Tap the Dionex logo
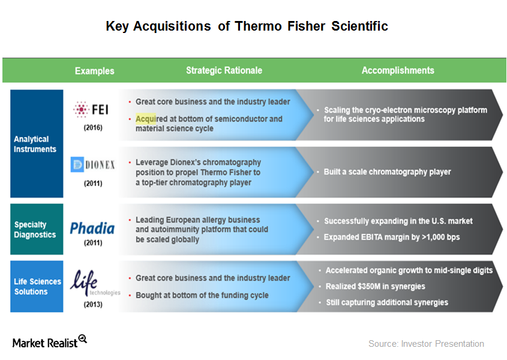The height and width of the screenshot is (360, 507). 93,164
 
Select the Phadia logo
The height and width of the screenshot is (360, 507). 93,228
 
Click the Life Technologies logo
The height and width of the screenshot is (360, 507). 95,283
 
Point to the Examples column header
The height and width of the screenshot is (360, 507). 94,71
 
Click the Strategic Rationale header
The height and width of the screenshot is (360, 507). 224,70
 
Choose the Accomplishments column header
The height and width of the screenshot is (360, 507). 397,70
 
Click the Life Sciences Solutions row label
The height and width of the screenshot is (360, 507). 38,286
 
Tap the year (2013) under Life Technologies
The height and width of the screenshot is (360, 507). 93,304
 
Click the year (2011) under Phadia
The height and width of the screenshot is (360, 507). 93,243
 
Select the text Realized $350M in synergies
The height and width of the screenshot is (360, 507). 375,286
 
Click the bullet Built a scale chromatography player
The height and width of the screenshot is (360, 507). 387,172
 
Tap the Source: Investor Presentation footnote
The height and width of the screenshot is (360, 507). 426,344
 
